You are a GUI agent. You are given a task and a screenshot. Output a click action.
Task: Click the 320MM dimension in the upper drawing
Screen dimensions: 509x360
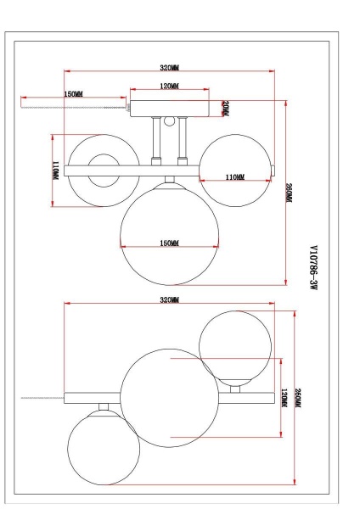(170, 68)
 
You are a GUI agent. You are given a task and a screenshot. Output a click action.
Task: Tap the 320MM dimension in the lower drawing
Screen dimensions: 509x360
(170, 301)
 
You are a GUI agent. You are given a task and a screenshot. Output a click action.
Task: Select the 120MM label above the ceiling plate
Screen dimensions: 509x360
(169, 87)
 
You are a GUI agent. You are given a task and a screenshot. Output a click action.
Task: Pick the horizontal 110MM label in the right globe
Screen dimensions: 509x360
(235, 176)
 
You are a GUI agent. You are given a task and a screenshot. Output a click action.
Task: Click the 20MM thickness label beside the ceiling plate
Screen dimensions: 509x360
(225, 108)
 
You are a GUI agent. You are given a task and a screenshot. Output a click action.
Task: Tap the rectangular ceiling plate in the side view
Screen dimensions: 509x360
(169, 109)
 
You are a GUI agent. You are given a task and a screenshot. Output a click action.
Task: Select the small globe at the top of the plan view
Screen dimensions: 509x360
(235, 344)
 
